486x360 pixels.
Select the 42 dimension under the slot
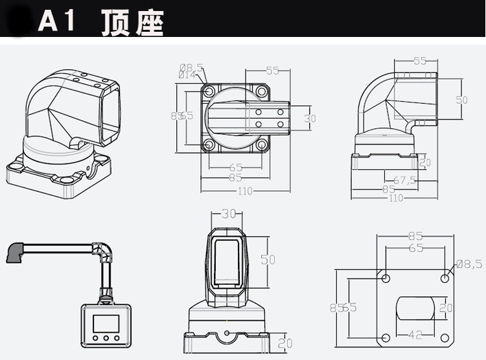click(415, 335)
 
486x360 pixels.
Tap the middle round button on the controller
click(106, 338)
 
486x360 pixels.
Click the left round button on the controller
click(95, 338)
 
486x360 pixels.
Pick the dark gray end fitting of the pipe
click(14, 252)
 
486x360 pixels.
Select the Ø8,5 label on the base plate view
click(469, 264)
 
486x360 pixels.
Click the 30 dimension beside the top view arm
click(310, 118)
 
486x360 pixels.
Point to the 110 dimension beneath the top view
click(244, 191)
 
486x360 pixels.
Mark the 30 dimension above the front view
click(228, 213)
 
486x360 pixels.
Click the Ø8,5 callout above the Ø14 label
click(191, 67)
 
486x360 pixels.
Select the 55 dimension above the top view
click(273, 71)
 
